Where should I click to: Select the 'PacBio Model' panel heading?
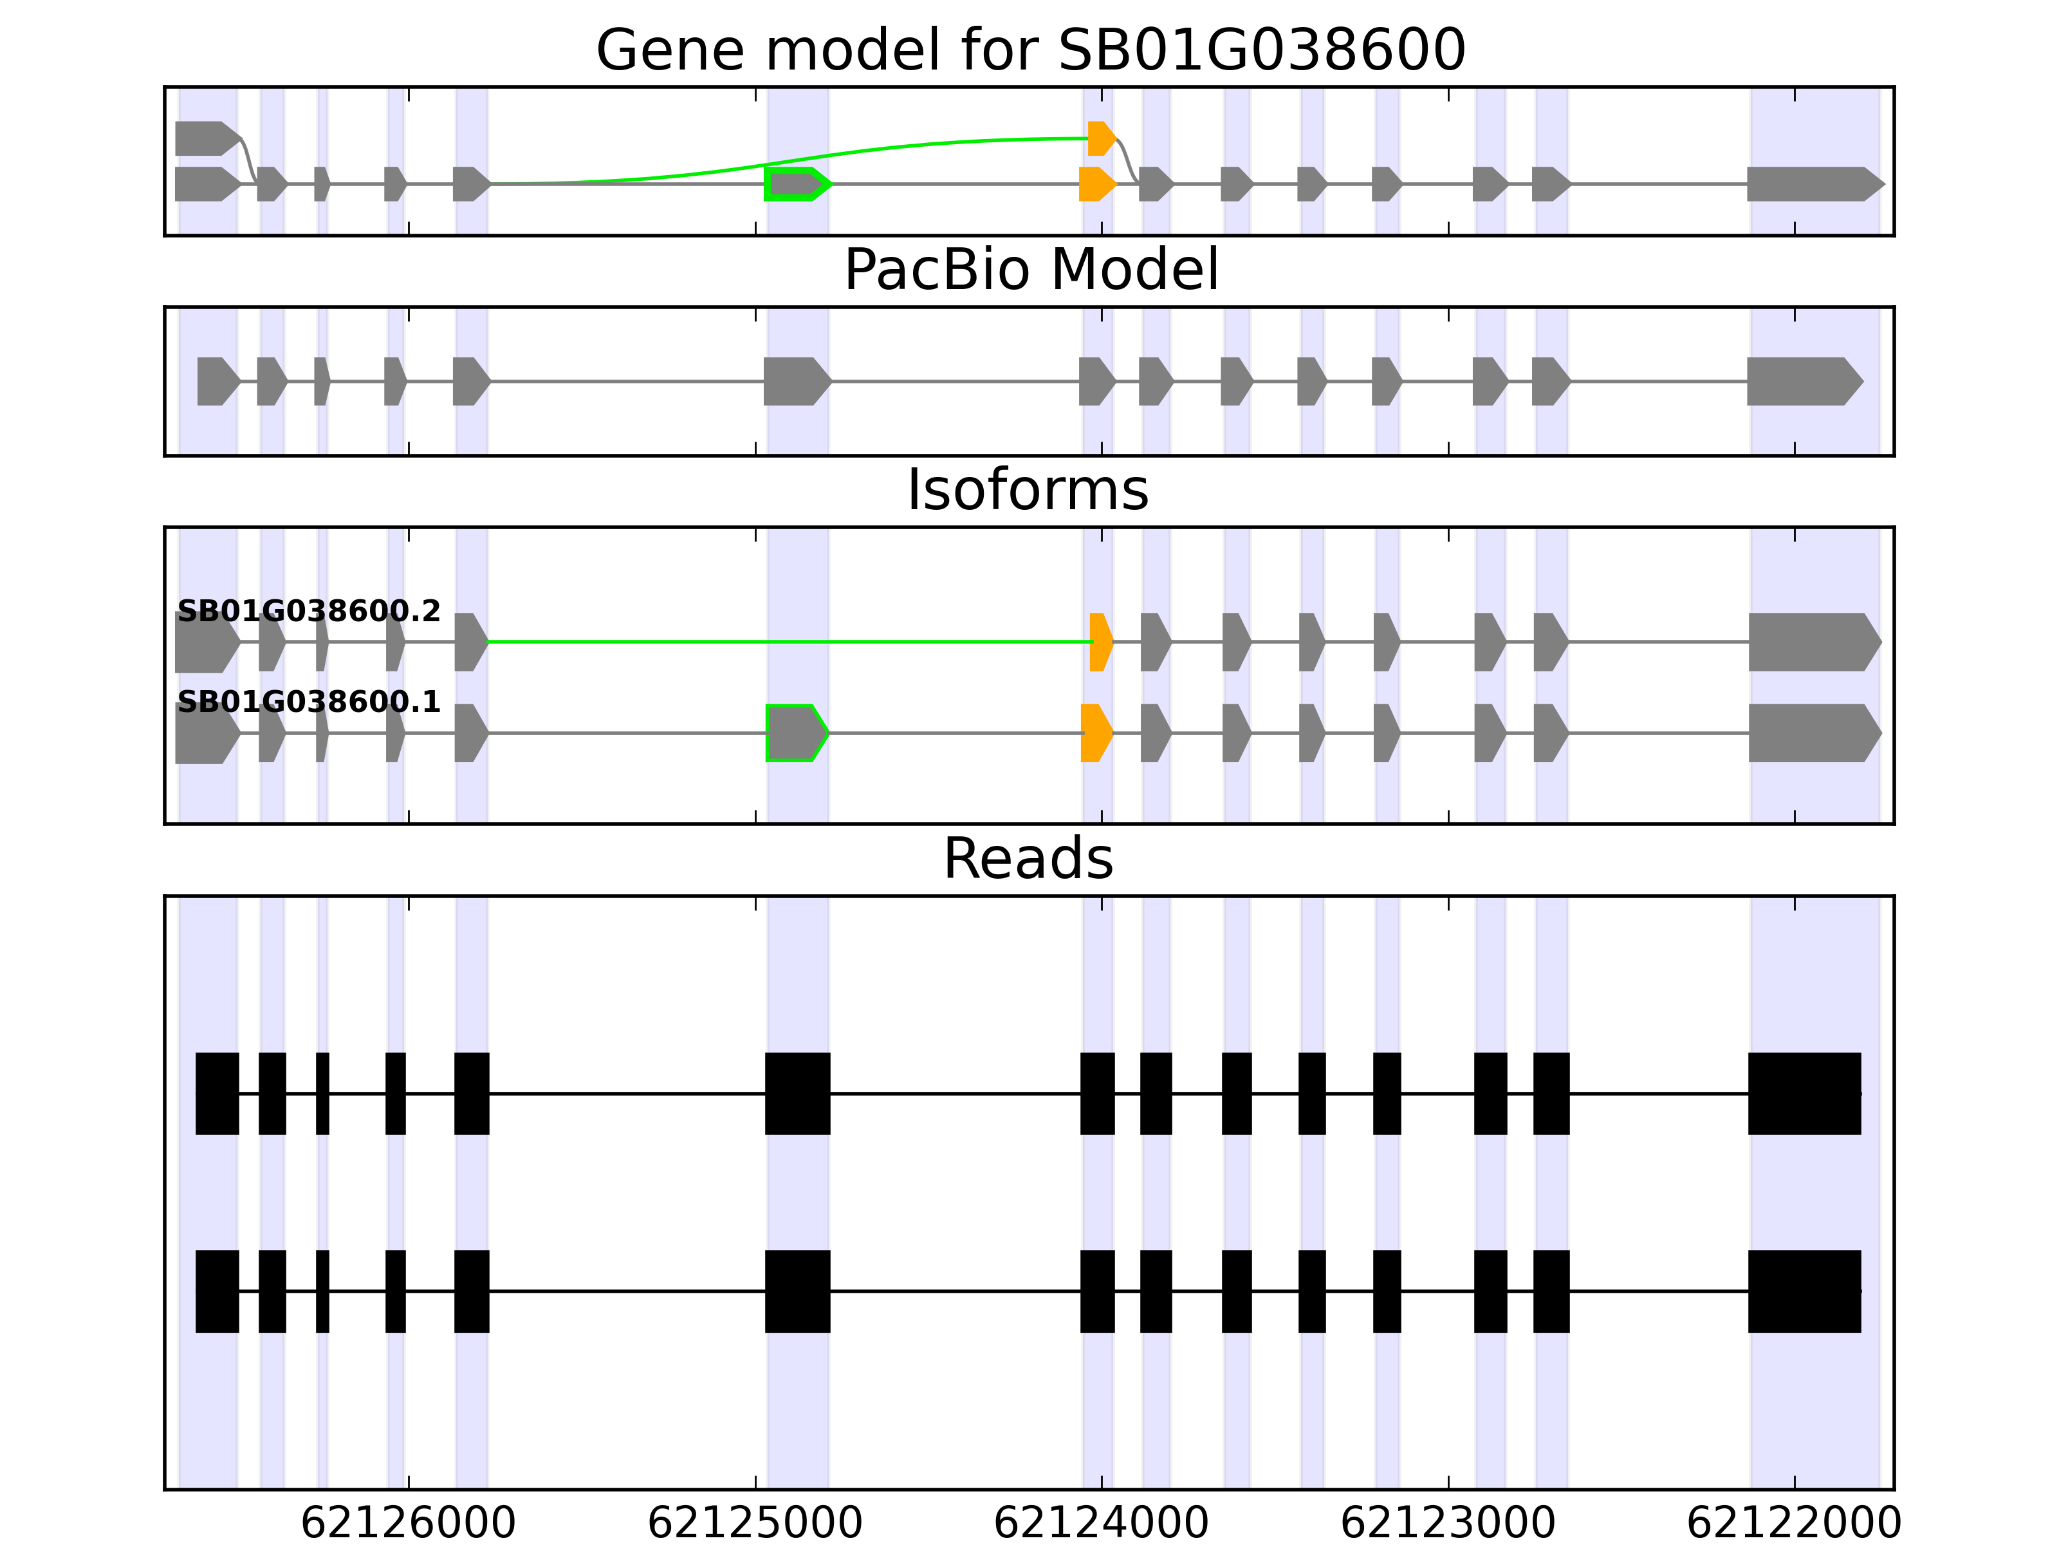[x=1029, y=270]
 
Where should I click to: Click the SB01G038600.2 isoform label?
[x=308, y=611]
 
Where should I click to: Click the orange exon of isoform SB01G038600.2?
[x=1100, y=642]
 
